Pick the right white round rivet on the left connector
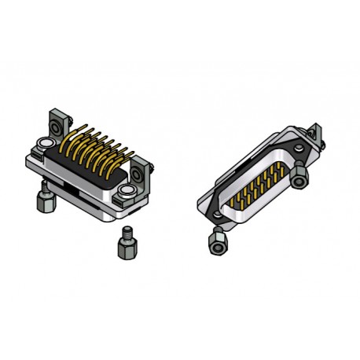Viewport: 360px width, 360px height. (126, 192)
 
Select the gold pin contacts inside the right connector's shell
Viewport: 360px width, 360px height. (252, 188)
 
